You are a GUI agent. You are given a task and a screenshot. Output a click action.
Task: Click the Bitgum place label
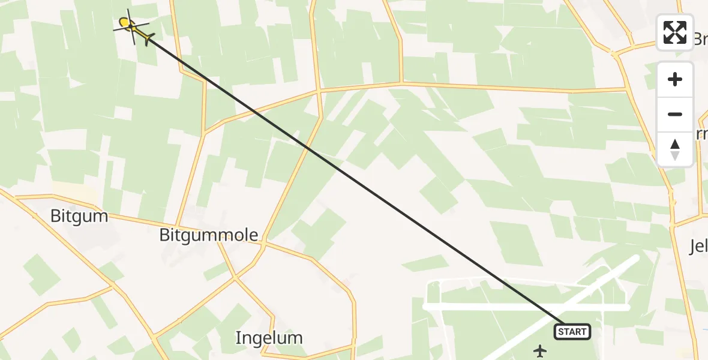(79, 216)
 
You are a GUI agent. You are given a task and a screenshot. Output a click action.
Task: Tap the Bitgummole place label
(209, 235)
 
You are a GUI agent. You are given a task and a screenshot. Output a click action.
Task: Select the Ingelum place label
(269, 338)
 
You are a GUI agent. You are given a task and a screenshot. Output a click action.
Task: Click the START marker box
(572, 332)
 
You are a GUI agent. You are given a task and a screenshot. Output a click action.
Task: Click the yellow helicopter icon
(128, 25)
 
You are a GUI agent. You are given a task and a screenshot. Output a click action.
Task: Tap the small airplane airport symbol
(541, 350)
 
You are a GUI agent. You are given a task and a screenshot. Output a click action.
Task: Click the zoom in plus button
(675, 80)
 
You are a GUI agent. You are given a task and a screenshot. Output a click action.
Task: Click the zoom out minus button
(675, 114)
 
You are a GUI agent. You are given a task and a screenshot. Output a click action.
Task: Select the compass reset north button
(675, 149)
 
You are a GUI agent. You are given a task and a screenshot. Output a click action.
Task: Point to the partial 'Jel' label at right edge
(697, 246)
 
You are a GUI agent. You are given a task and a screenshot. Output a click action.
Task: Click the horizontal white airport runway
(480, 307)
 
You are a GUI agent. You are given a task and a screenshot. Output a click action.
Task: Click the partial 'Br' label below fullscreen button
(700, 40)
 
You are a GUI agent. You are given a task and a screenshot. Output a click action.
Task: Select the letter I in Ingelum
(238, 338)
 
